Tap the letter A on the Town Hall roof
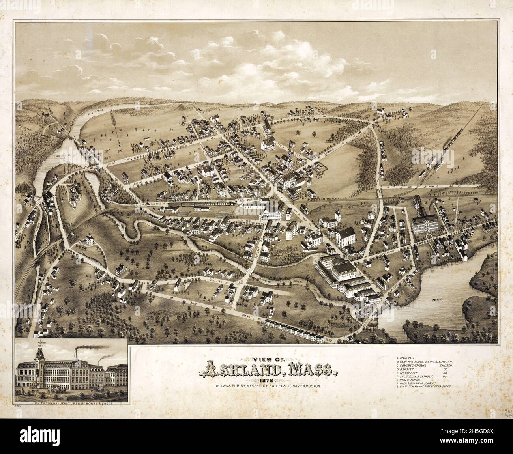tap(342, 234)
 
